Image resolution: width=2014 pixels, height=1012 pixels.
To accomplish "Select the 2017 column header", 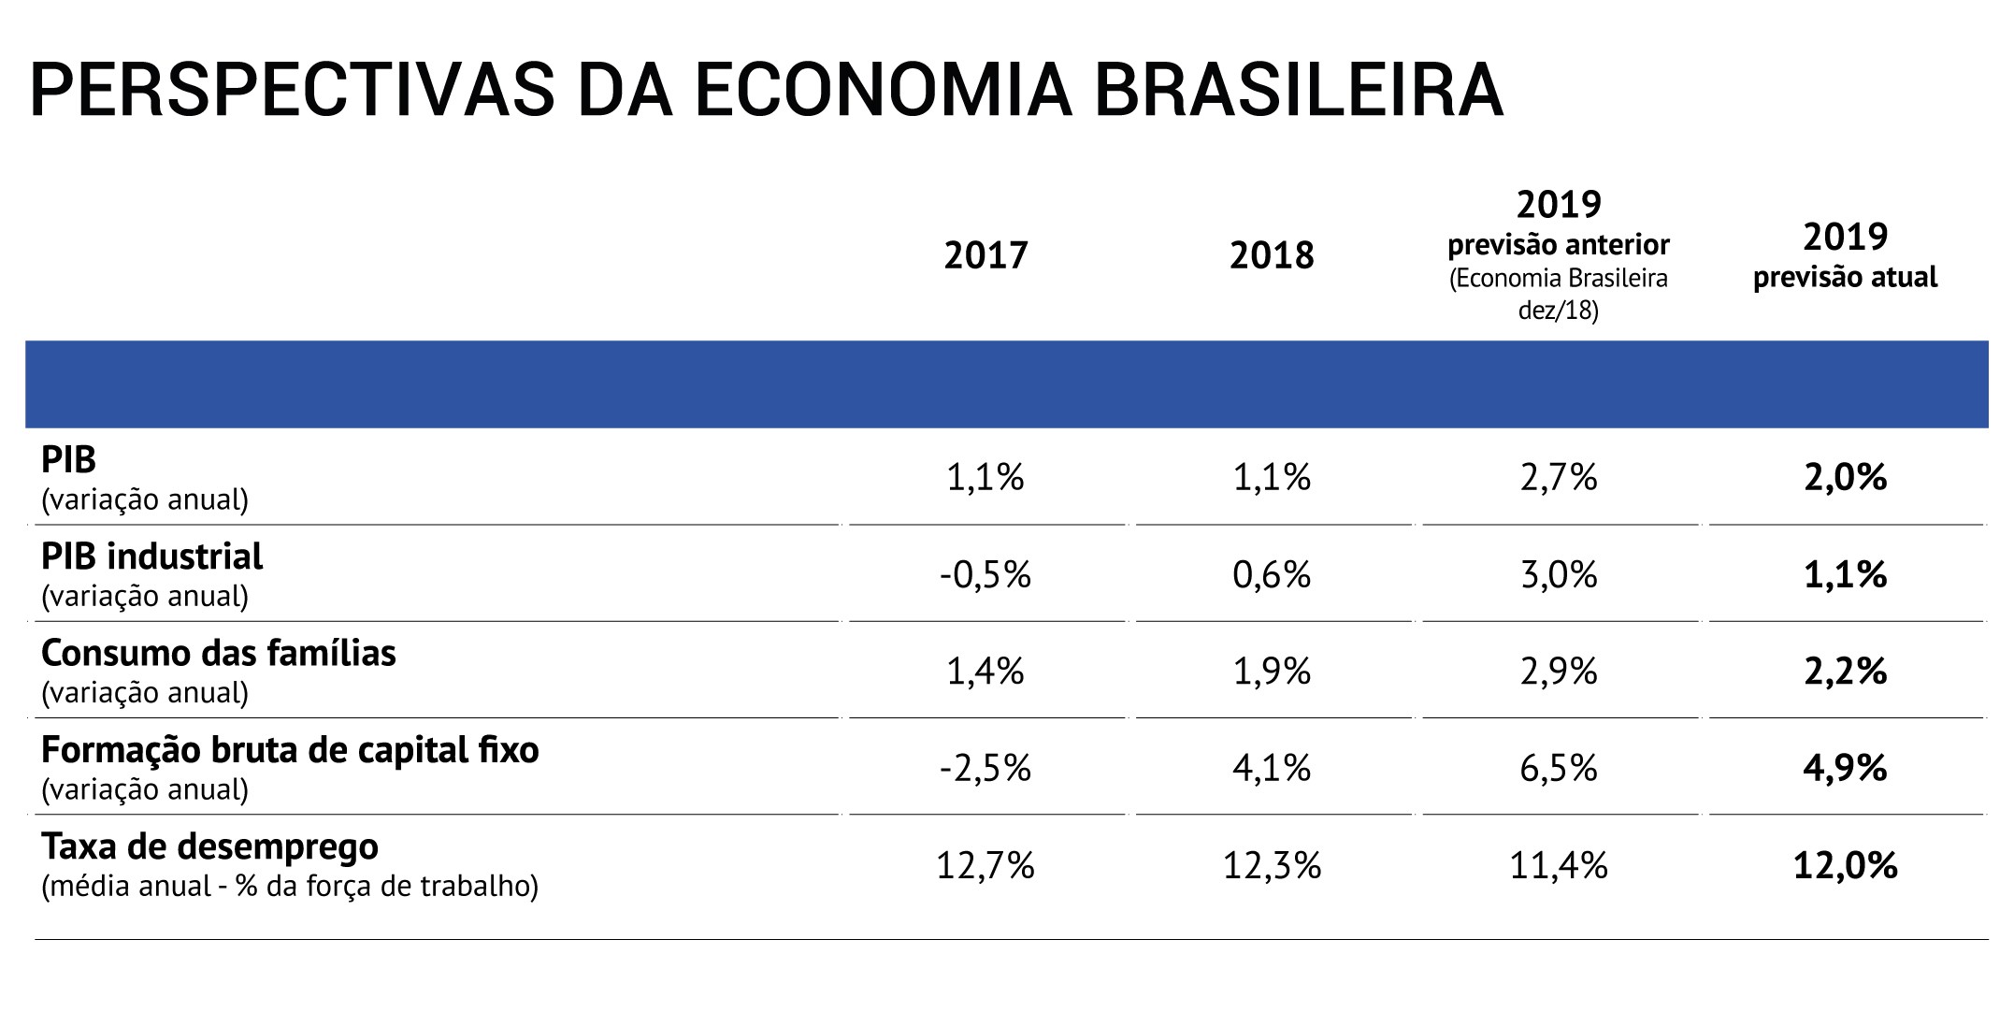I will coord(985,255).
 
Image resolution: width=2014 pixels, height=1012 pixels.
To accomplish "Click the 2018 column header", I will coord(1272,255).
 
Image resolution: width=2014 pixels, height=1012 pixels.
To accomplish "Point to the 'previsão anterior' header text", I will coord(1559,245).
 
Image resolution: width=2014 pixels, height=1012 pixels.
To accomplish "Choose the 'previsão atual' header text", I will coord(1845,278).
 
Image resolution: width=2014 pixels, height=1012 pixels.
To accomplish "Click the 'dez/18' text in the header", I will coord(1559,311).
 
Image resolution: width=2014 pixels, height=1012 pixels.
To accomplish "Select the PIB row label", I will coord(69,459).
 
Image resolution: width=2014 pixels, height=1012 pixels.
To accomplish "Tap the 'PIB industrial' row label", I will coord(152,557).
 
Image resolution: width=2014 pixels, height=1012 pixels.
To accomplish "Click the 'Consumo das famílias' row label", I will coord(219,653).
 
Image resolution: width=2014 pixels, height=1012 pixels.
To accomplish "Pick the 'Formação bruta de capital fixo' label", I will coord(290,750).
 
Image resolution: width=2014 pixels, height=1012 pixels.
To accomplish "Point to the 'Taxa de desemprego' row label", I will coord(210,846).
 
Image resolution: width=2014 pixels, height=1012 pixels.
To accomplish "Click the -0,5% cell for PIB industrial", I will coord(985,574).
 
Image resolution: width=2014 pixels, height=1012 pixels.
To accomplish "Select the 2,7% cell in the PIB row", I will coord(1559,478).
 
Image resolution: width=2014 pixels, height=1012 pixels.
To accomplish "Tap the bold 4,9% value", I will coord(1845,769).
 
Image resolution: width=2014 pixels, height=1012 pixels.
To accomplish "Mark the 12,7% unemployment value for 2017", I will coord(985,866).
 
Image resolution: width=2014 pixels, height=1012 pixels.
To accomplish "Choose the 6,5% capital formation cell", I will coord(1559,769).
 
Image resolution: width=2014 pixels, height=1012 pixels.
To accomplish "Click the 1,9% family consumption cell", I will coord(1272,672).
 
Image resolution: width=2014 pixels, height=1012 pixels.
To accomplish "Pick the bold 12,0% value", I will coord(1845,866).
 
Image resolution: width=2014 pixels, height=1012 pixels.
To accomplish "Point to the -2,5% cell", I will coord(985,769).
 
